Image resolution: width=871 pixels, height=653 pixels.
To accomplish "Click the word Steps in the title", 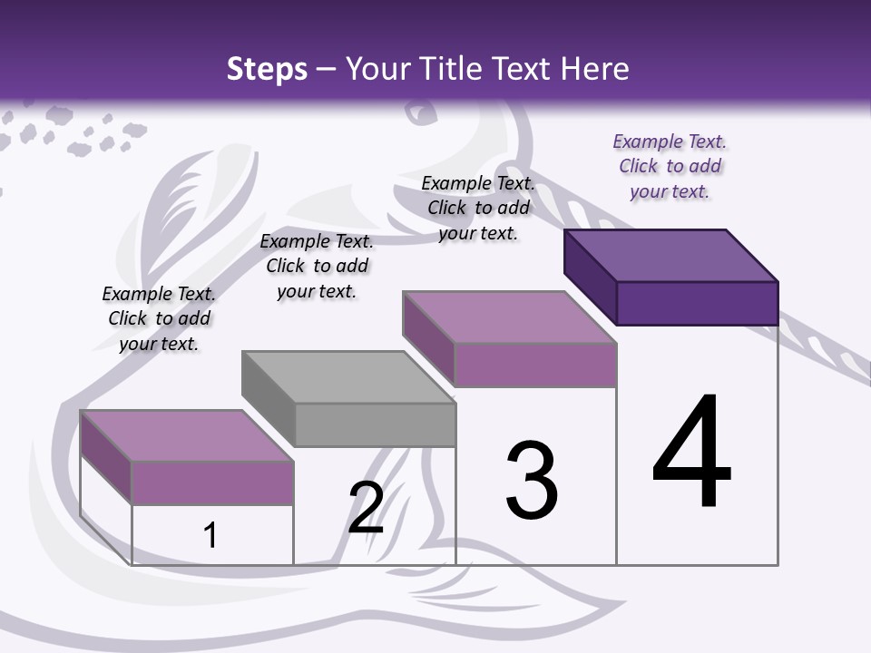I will click(x=267, y=69).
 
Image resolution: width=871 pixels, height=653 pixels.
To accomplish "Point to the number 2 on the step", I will click(x=367, y=508).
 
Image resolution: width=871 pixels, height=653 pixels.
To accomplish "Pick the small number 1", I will click(x=210, y=536).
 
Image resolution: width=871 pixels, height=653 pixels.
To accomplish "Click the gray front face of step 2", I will click(x=375, y=424).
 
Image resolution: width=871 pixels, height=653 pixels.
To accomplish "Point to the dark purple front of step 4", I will click(x=697, y=303).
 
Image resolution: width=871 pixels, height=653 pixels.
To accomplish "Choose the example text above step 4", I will click(x=670, y=166).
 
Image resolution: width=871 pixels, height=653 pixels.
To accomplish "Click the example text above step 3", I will click(x=478, y=208).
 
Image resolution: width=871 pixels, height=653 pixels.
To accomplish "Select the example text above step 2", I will click(x=317, y=266).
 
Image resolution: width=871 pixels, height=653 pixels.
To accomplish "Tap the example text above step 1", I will click(x=159, y=318).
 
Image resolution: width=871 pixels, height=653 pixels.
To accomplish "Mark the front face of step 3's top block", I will click(x=535, y=365).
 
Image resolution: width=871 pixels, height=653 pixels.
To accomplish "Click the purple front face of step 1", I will click(x=212, y=482).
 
